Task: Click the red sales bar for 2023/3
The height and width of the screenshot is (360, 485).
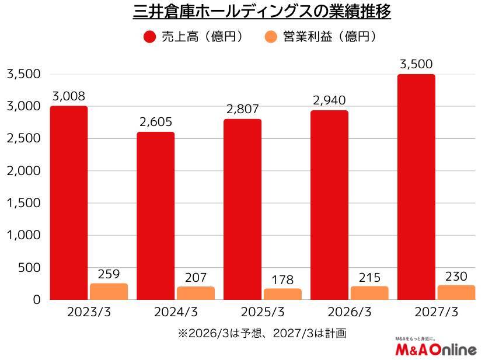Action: (x=69, y=203)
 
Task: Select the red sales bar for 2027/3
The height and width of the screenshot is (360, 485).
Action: (x=416, y=187)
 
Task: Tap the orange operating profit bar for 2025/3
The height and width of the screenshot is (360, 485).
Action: (x=282, y=294)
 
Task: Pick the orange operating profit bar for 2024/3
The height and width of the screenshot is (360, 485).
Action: (x=196, y=293)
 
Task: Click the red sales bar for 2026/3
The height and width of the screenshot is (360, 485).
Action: (x=329, y=205)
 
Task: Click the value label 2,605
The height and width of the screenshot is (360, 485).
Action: (x=156, y=123)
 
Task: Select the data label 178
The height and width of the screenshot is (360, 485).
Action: (x=282, y=280)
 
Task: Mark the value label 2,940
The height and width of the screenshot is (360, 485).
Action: (x=330, y=101)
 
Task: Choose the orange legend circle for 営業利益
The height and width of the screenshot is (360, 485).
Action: (x=270, y=37)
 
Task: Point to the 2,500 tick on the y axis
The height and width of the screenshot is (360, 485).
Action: (x=23, y=139)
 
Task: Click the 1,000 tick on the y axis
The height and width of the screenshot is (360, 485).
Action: (x=23, y=235)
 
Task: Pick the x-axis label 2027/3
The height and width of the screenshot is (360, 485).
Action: (x=435, y=312)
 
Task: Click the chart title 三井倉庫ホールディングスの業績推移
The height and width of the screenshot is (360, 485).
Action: (x=262, y=12)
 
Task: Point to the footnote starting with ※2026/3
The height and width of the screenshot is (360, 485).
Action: (x=262, y=334)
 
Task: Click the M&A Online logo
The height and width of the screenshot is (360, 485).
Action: (x=435, y=348)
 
